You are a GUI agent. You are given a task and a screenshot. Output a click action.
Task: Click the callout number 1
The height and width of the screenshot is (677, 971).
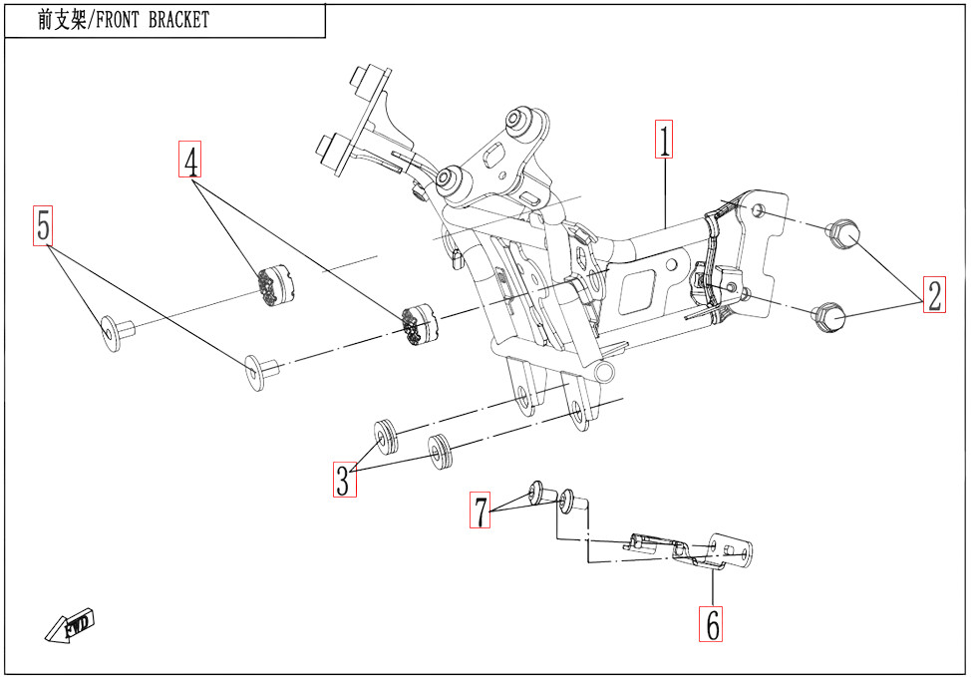coord(664,140)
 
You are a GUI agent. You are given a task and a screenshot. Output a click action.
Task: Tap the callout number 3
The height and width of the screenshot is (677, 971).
coord(343,480)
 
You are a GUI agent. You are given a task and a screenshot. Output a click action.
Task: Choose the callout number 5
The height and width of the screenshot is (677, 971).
coord(43,226)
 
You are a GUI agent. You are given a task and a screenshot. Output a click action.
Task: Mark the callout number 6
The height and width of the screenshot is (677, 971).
coord(712,624)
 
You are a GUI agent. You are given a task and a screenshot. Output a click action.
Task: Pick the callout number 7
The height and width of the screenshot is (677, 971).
coord(482,511)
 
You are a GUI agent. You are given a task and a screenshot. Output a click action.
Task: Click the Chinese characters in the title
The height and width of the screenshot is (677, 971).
coord(61,20)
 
